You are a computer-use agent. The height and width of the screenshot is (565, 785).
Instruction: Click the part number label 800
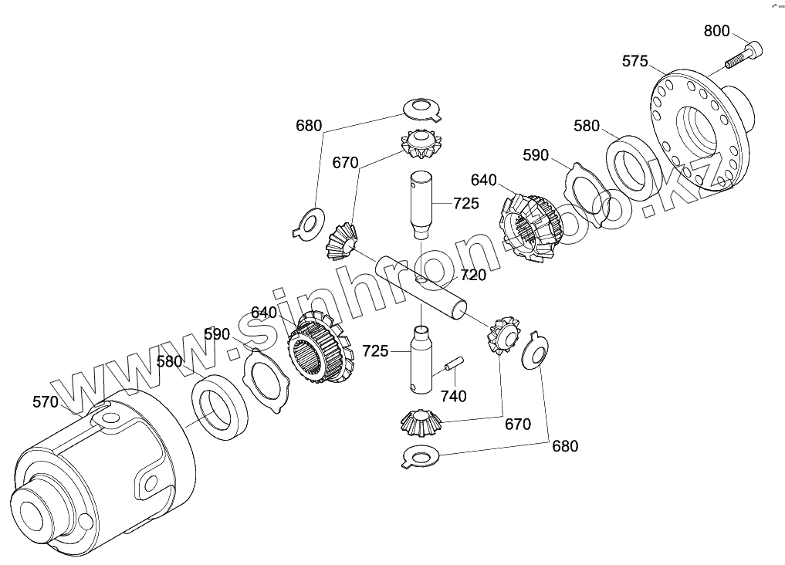click(716, 32)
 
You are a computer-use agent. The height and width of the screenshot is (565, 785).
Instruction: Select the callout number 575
click(634, 61)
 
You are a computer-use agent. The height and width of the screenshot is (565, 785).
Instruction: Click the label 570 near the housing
click(46, 401)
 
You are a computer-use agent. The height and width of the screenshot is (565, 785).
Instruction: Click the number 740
click(453, 396)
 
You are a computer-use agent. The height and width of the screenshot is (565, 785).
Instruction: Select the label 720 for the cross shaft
click(473, 274)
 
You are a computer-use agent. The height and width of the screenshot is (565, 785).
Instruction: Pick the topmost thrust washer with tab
click(422, 109)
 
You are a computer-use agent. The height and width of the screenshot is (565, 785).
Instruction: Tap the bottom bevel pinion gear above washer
click(421, 422)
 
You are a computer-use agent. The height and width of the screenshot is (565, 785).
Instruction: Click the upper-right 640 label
click(483, 180)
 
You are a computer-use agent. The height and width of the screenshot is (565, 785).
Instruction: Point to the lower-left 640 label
click(263, 313)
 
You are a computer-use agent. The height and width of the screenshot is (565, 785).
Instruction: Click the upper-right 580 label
click(587, 126)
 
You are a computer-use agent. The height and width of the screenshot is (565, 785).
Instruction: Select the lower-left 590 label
click(217, 334)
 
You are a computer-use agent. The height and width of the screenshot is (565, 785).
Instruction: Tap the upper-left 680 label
click(309, 126)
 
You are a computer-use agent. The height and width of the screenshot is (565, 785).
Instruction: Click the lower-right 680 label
click(564, 445)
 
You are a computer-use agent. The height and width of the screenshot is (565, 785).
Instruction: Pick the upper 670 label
click(345, 163)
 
